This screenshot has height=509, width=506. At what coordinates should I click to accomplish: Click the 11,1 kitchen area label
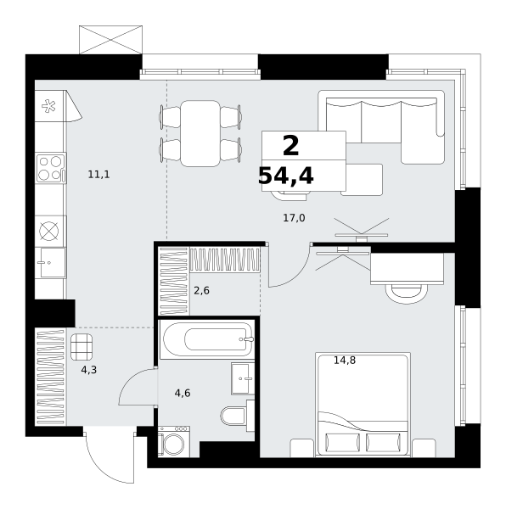coord(98,175)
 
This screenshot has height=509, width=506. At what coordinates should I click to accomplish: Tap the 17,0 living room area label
coord(294,218)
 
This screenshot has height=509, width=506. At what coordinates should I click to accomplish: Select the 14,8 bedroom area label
coord(345,360)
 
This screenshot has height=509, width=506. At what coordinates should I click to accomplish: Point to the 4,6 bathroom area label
coord(183,393)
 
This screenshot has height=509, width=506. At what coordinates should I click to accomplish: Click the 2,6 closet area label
coord(201,290)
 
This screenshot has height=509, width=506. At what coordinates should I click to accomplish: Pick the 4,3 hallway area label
coord(89,369)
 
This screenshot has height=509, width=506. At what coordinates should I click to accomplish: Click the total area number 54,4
coord(286,176)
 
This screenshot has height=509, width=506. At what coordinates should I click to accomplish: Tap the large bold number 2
coord(290,146)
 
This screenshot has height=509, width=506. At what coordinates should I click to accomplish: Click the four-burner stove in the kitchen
coord(51,168)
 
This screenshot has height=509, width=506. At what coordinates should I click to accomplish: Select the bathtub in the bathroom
coord(207,339)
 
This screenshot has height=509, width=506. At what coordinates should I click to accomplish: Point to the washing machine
coord(174,441)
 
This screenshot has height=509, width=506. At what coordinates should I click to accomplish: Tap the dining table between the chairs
coord(200,133)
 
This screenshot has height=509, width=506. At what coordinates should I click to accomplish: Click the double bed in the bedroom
coord(363,405)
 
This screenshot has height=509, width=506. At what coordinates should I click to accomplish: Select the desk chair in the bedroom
coord(407,294)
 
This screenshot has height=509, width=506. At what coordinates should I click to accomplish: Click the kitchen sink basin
coord(51,263)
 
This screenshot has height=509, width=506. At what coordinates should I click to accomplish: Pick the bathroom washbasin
coord(243,378)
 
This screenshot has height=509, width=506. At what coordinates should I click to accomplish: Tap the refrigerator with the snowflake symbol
coord(51,106)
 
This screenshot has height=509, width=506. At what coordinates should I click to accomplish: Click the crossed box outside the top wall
coord(110,40)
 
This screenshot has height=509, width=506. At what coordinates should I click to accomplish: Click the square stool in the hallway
coord(82,347)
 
